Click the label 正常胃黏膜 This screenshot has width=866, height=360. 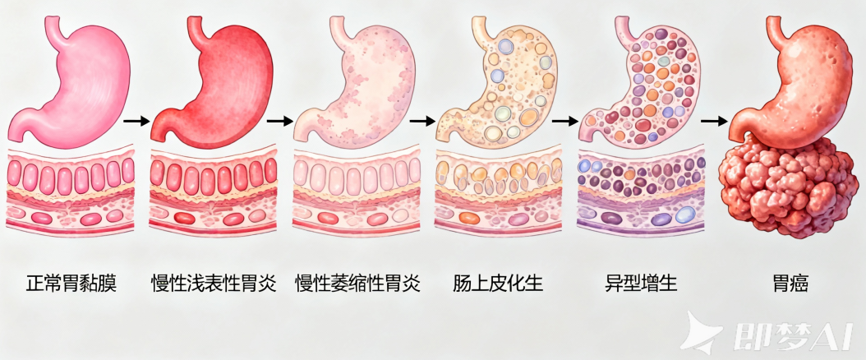coord(70,285)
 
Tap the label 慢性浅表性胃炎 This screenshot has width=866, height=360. coord(212,285)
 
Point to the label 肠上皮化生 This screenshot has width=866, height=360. coord(498,285)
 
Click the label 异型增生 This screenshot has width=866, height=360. coord(641,285)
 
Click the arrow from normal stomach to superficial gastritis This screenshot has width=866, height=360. coord(136,121)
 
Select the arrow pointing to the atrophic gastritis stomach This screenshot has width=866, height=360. coord(280,121)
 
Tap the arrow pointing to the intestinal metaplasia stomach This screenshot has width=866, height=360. coord(421,121)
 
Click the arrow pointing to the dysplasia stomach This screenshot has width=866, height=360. coord(565,121)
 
